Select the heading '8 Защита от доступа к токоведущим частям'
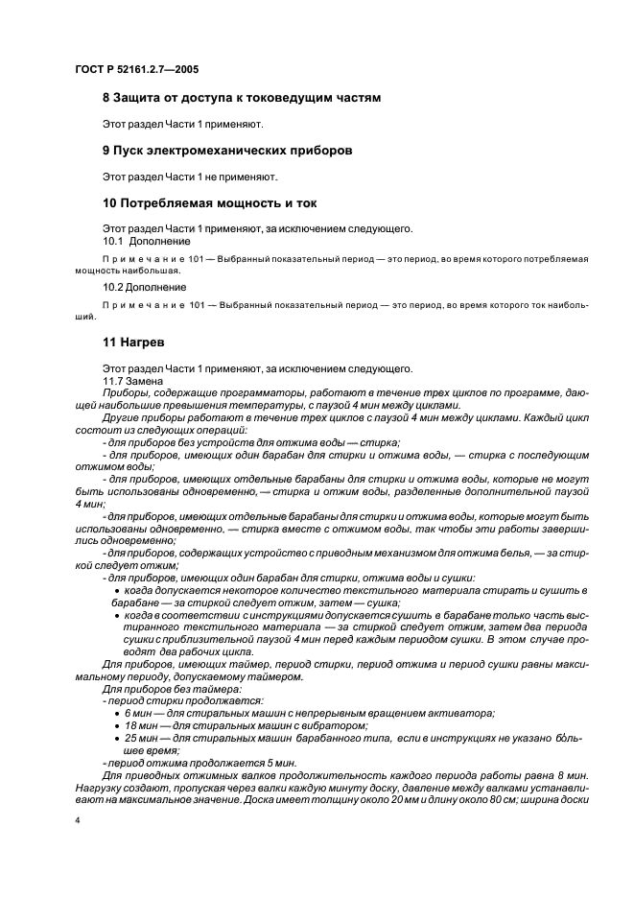[x=242, y=98]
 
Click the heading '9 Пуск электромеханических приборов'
[x=227, y=151]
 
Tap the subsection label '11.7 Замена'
[x=136, y=380]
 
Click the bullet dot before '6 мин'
[x=117, y=713]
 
